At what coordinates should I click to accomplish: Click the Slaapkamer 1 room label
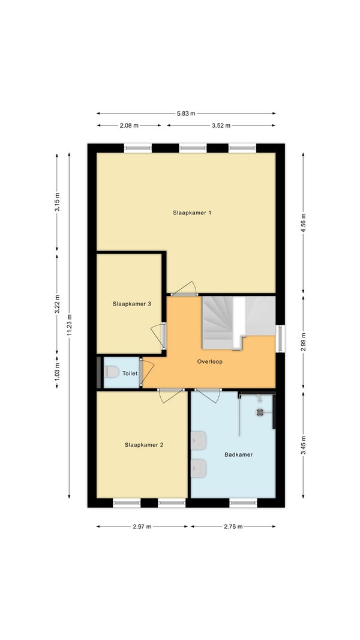point(191,213)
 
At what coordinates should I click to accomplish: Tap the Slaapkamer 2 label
point(144,445)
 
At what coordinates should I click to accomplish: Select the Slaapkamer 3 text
point(132,304)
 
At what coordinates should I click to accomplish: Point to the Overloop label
point(209,361)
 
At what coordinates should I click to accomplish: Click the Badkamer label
point(239,454)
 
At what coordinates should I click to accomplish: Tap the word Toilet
point(130,373)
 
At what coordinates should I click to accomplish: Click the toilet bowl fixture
point(111,372)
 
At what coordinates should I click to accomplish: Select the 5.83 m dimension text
point(186,113)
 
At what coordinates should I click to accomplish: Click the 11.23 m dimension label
point(70,325)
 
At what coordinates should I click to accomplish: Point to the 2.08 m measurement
point(129,125)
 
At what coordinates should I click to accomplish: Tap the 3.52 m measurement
point(221,125)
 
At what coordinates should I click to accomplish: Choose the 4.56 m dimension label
point(303,223)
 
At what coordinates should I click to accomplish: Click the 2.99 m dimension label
point(303,342)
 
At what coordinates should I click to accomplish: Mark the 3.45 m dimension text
point(303,445)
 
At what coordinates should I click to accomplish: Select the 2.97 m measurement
point(142,527)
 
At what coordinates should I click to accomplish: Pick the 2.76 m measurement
point(233,527)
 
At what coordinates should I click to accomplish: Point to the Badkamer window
point(244,503)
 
